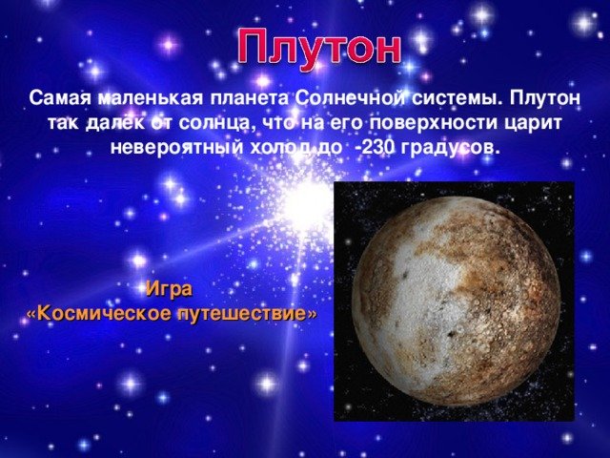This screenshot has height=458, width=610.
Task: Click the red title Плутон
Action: tap(319, 48)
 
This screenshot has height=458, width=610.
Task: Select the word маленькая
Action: tap(151, 98)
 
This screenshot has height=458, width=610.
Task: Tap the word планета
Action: tap(250, 98)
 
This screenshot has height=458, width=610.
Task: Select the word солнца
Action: tap(215, 124)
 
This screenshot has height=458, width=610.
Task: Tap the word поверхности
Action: tap(433, 124)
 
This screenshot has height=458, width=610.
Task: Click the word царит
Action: tap(533, 124)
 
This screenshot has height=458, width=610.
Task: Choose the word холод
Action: tap(277, 148)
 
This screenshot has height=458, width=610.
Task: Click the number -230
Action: tap(375, 148)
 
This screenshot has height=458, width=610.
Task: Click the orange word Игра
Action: tap(169, 289)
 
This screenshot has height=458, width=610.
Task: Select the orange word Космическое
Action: tap(104, 314)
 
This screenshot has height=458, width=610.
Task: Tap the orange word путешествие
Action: tap(242, 314)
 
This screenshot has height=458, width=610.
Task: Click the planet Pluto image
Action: tap(456, 301)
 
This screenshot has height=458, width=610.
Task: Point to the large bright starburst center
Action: tap(301, 204)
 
